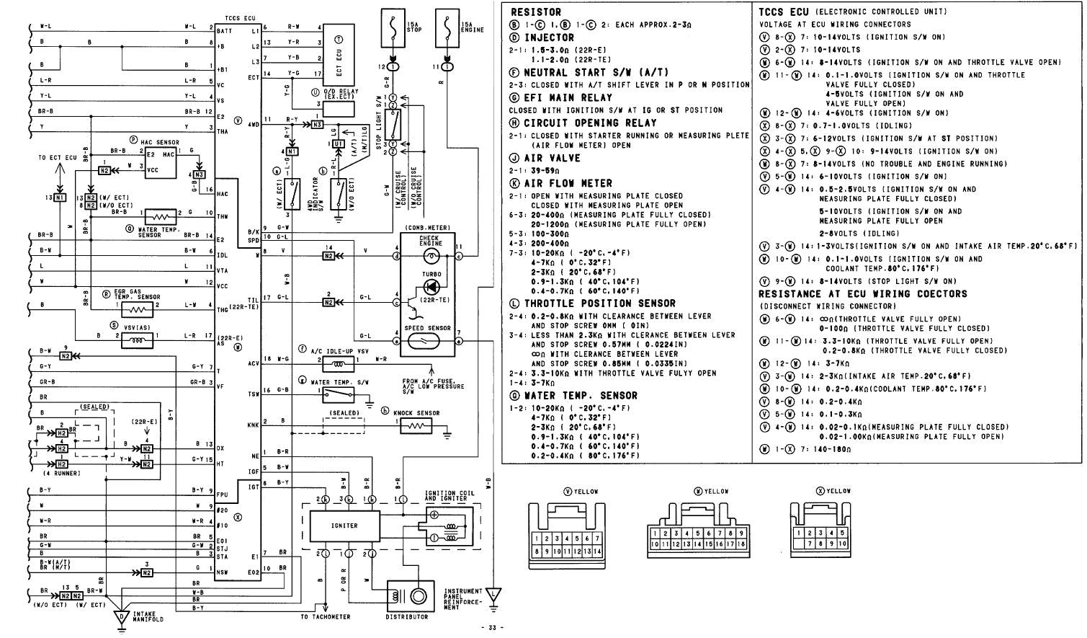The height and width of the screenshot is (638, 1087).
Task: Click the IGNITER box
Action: pyautogui.click(x=344, y=526)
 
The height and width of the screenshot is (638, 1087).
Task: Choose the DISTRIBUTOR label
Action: pyautogui.click(x=406, y=616)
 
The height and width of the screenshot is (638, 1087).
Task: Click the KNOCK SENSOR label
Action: pyautogui.click(x=416, y=413)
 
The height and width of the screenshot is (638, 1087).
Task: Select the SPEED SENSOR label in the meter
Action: pyautogui.click(x=428, y=328)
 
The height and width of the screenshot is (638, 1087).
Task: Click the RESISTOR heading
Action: pyautogui.click(x=534, y=12)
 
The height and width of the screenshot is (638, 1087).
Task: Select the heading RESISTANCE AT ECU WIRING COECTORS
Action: pyautogui.click(x=862, y=293)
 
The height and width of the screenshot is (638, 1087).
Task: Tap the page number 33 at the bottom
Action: pyautogui.click(x=492, y=627)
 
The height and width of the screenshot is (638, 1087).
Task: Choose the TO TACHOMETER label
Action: pyautogui.click(x=325, y=616)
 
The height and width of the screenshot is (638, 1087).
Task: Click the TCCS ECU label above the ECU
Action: pyautogui.click(x=241, y=17)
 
